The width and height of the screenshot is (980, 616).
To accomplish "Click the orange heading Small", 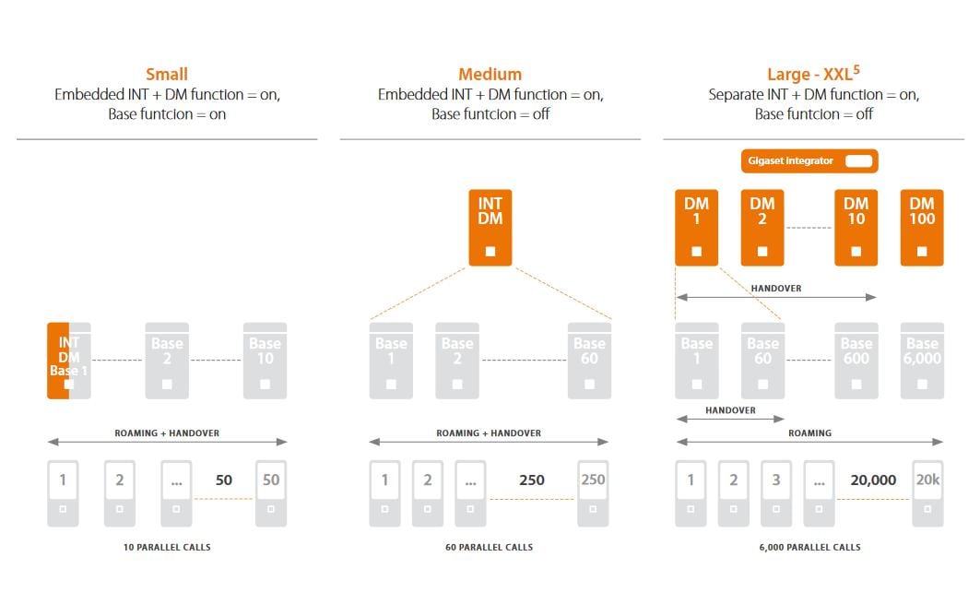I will pos(167,75).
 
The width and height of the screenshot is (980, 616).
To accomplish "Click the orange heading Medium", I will pos(490,75).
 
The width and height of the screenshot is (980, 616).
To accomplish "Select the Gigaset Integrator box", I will pos(809,161).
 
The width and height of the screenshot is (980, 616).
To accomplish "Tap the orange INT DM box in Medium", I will pos(490,227).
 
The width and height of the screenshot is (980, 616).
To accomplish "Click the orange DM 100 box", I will pos(922,227).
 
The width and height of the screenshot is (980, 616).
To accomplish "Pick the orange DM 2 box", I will pos(762,227).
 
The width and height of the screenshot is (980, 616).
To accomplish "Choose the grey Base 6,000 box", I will pos(922,360).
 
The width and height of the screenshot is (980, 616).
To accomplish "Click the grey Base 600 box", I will pos(856,360).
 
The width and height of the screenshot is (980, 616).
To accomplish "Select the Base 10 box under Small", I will pos(265,360).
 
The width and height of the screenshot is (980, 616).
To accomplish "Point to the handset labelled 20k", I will pos(927,493).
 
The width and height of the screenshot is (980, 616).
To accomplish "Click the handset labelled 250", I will pos(594,493).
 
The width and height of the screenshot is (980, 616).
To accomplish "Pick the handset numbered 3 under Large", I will pos(776,493).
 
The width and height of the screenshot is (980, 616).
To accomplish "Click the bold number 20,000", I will pos(873,480).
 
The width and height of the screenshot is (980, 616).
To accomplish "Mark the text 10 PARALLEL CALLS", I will pos(167,548).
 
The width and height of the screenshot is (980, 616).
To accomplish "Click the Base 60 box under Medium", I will pos(589,360).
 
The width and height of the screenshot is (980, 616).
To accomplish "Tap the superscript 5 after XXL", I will pos(856,68).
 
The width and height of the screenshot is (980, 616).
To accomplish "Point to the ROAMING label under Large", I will pos(809,433).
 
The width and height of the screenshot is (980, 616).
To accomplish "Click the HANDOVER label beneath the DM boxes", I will pos(775,289).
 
